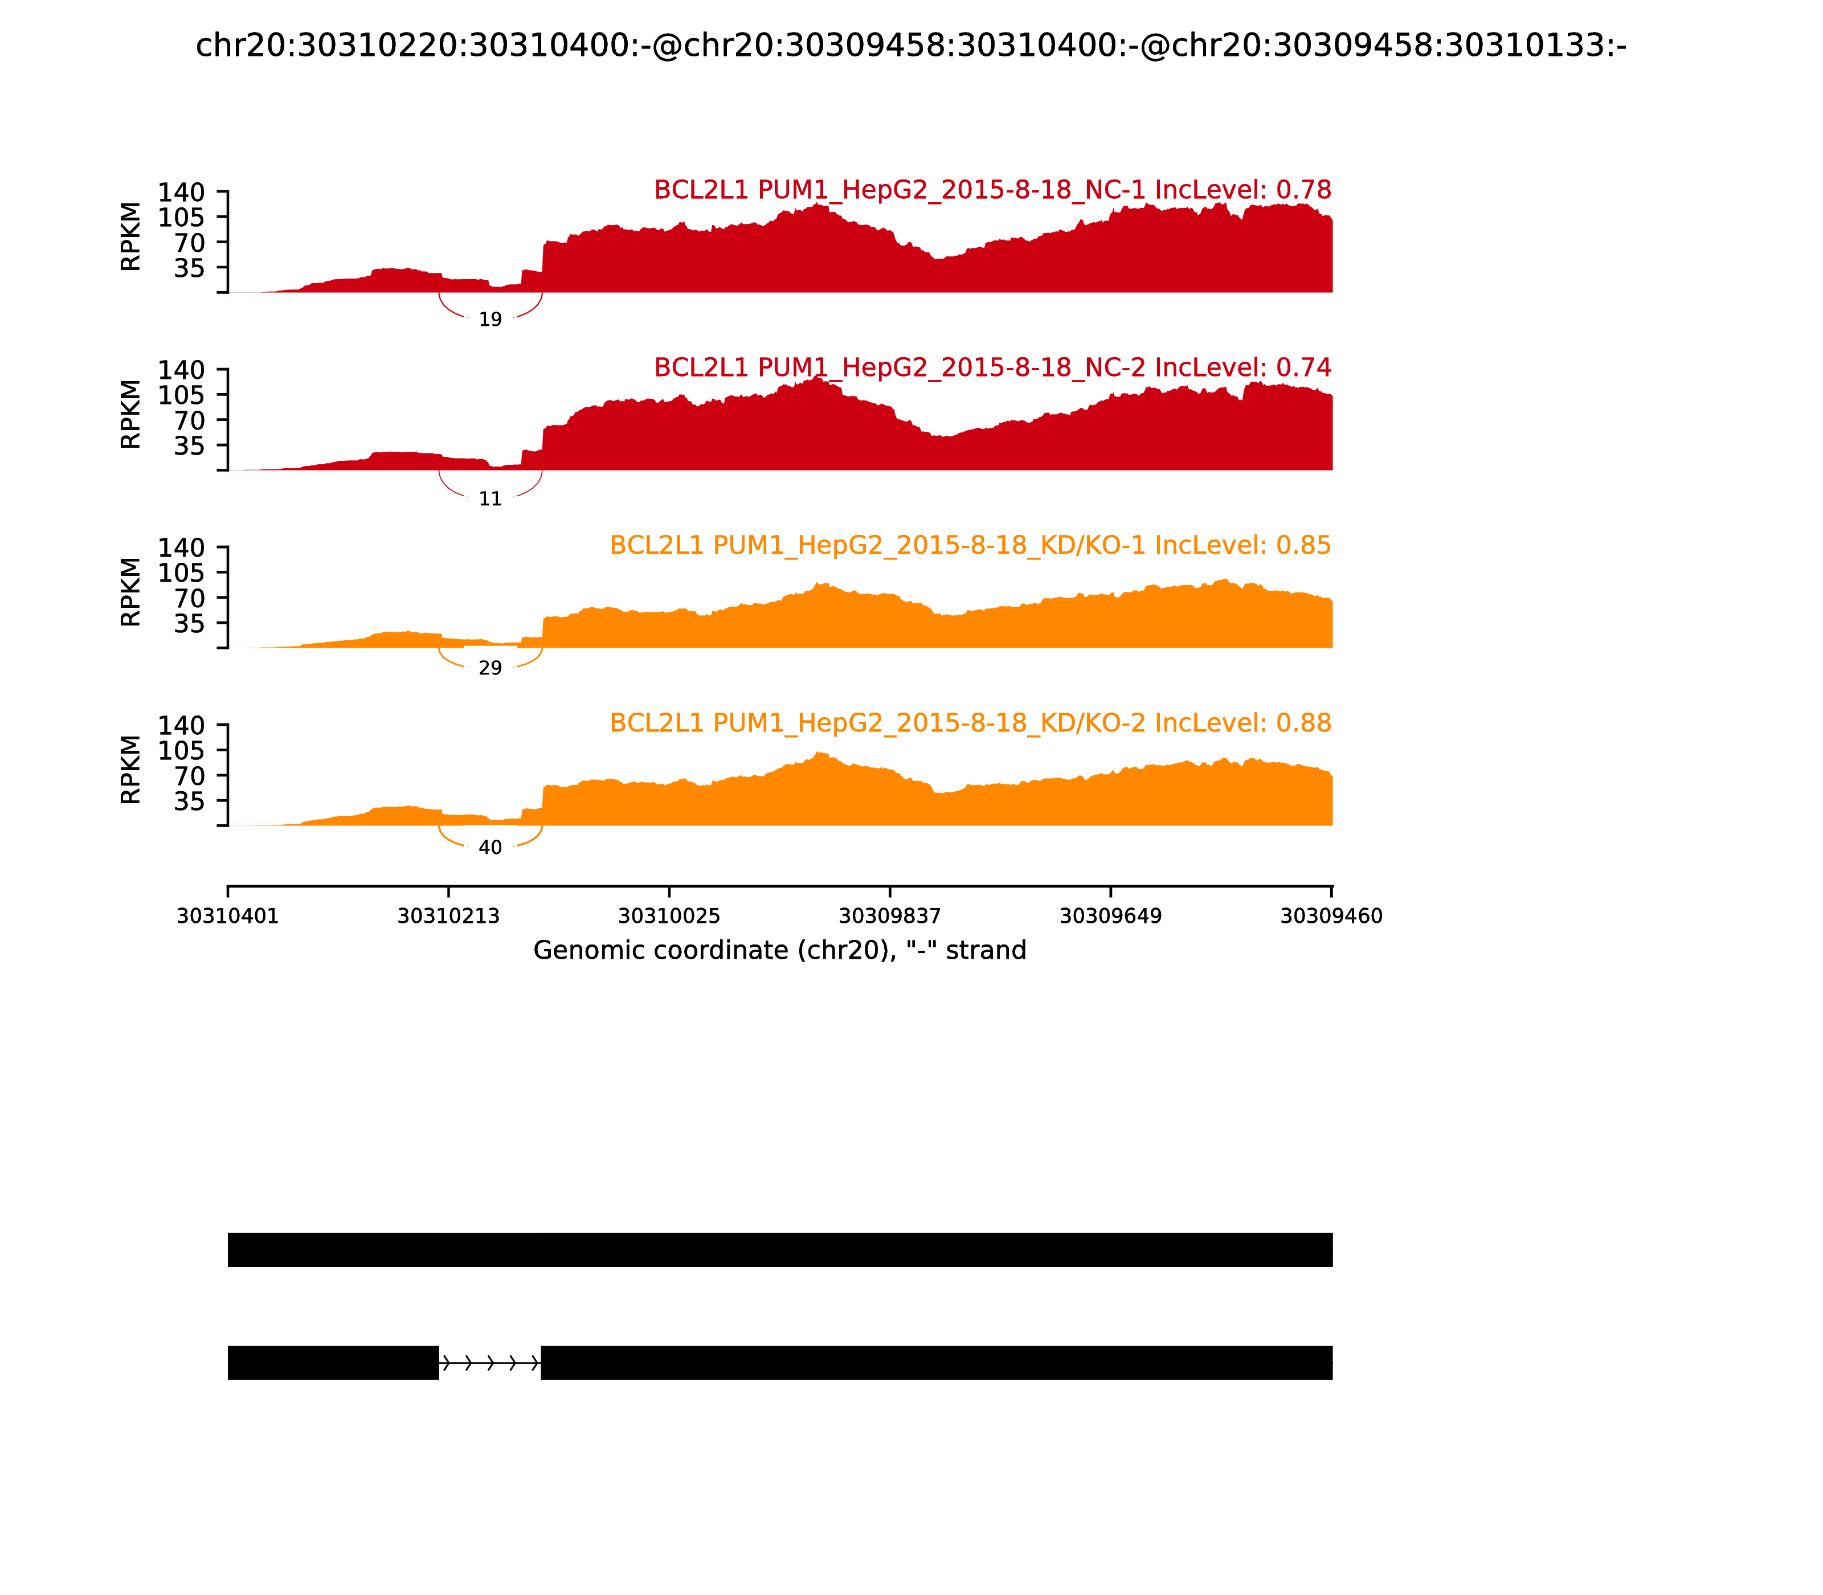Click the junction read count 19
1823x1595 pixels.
(x=491, y=320)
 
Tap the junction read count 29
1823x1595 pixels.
(x=491, y=668)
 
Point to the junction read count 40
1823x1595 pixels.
(x=491, y=848)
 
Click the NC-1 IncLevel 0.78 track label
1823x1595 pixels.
(x=992, y=190)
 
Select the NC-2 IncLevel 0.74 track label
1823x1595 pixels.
(x=992, y=367)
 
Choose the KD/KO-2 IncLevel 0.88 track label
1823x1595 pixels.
(x=970, y=723)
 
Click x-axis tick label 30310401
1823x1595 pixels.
(x=228, y=916)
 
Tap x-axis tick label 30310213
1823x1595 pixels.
(x=449, y=916)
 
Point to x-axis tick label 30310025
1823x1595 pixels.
(x=669, y=916)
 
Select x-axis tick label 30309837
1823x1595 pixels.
(x=890, y=916)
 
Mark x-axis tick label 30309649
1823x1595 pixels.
(x=1111, y=916)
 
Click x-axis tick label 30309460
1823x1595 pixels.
(x=1331, y=916)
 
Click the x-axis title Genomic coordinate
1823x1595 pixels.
(x=780, y=951)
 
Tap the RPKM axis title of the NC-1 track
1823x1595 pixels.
(x=131, y=237)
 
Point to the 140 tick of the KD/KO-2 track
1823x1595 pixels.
(x=182, y=725)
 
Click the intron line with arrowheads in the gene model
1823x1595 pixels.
(x=489, y=1363)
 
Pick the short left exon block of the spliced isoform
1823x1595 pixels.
(x=333, y=1363)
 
